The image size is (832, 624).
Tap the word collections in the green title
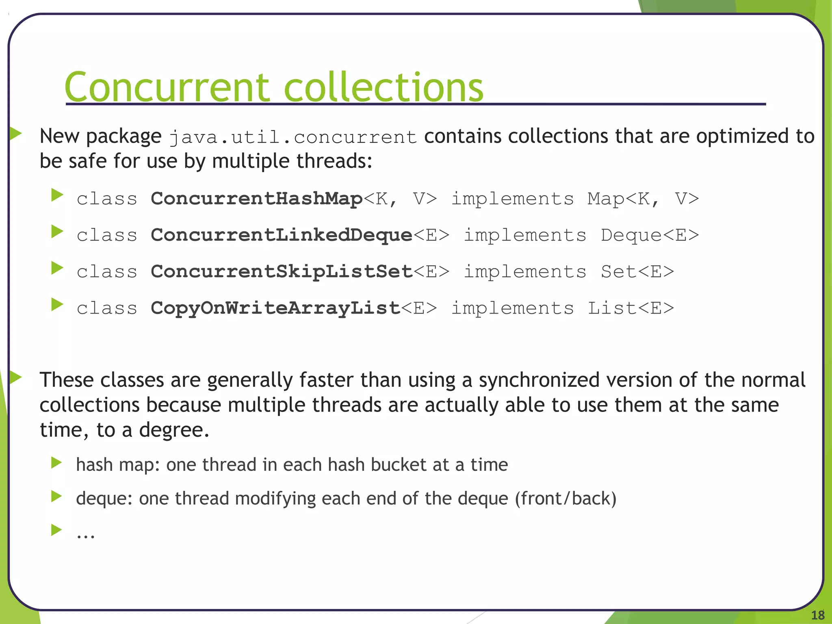tap(383, 87)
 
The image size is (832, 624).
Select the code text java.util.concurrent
tap(293, 137)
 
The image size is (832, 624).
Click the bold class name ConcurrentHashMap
tap(256, 199)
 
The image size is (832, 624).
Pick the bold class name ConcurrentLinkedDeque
tap(282, 235)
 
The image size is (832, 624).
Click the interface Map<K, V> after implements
tap(643, 199)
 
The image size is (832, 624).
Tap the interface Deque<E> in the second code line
tap(650, 235)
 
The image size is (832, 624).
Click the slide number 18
tap(818, 615)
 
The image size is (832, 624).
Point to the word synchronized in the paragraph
tap(539, 380)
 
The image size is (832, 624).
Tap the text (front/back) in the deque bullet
tap(565, 498)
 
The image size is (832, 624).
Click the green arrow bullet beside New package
tap(15, 133)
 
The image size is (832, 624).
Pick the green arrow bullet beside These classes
tap(15, 377)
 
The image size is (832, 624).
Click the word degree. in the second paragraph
tap(174, 430)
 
